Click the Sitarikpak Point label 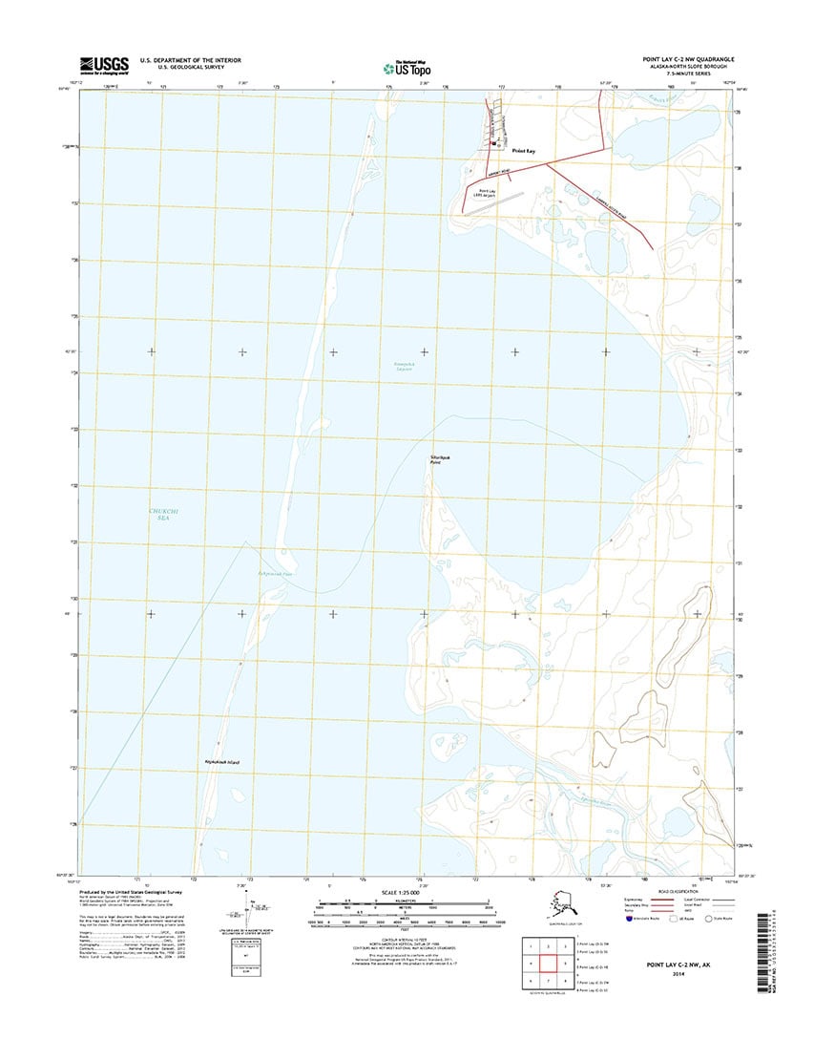[x=440, y=459]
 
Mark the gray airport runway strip [x=506, y=198]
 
